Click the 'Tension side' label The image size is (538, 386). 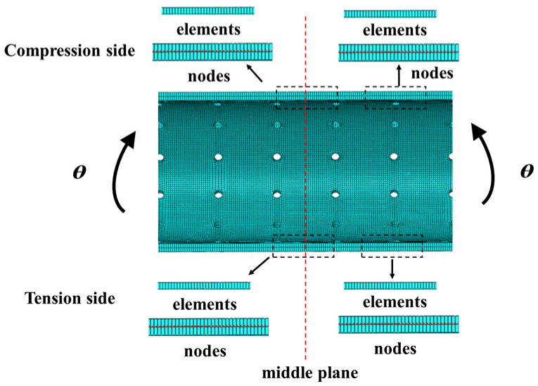tap(69, 298)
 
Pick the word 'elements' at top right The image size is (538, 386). tap(395, 30)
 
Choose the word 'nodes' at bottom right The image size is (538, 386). tap(395, 348)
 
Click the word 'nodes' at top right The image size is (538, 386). tap(432, 73)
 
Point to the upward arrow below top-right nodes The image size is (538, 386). tap(398, 75)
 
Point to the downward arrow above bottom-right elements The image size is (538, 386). tap(392, 268)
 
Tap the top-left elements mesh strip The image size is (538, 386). tap(207, 11)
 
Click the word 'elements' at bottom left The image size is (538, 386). tap(204, 305)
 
